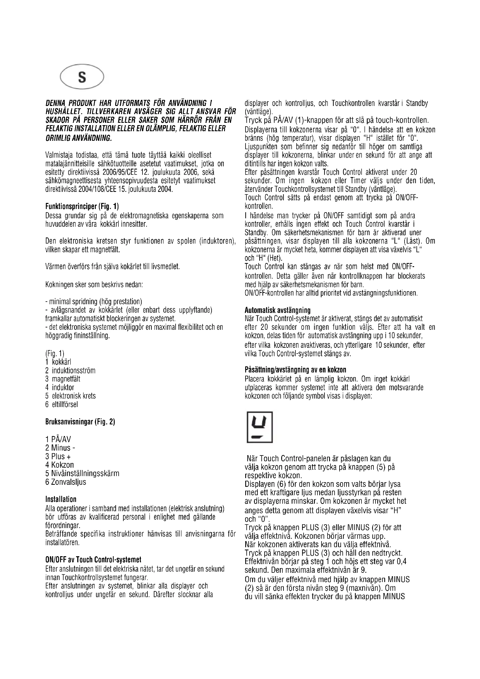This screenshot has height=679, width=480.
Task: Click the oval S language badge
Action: point(82,77)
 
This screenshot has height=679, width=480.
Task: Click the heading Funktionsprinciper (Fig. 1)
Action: point(82,206)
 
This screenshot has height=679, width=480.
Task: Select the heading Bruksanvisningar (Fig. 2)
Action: point(80,422)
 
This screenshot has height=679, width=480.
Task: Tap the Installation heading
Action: point(61,500)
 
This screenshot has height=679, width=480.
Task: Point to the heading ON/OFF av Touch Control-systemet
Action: point(93,560)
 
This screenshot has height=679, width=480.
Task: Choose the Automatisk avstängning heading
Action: point(278,310)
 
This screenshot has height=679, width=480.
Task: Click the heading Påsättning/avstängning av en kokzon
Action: point(295,370)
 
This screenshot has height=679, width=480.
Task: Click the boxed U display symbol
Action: point(259,427)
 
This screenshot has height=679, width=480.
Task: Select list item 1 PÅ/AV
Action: point(58,439)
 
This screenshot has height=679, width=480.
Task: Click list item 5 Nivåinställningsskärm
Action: point(82,473)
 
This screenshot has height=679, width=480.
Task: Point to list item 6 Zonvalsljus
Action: point(66,482)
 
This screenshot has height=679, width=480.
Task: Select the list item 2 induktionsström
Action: point(70,370)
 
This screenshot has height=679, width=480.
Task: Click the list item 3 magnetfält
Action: point(63,379)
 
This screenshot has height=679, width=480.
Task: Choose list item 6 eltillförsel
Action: point(62,404)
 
